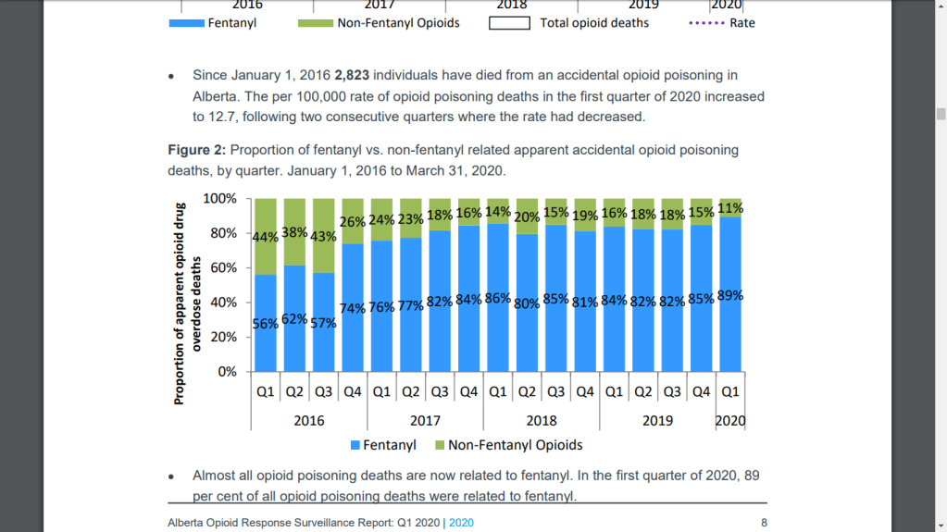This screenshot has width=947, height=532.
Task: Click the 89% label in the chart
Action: tap(730, 296)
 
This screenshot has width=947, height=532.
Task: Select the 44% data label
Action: tap(266, 237)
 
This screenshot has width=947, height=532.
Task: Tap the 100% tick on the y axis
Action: tap(220, 199)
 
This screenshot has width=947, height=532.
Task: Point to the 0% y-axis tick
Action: tap(227, 372)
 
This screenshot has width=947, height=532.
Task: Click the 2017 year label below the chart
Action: tap(425, 421)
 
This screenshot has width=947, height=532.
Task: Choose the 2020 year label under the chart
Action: tap(730, 421)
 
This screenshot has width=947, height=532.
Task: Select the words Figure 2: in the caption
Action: tap(196, 150)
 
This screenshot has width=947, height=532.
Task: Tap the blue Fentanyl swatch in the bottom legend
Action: tap(355, 446)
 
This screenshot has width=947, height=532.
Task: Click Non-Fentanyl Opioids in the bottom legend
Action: tap(515, 445)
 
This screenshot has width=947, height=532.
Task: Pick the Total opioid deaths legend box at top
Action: tap(509, 23)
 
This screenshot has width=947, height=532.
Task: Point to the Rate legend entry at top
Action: tap(741, 23)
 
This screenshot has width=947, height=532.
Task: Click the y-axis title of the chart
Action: tap(183, 303)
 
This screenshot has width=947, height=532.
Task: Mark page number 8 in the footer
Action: tap(764, 523)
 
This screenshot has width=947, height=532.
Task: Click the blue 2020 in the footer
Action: tap(461, 523)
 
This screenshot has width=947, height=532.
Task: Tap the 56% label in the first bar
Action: tap(266, 324)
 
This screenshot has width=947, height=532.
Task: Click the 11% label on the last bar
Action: tap(730, 208)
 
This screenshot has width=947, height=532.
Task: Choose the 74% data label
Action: tap(353, 309)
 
